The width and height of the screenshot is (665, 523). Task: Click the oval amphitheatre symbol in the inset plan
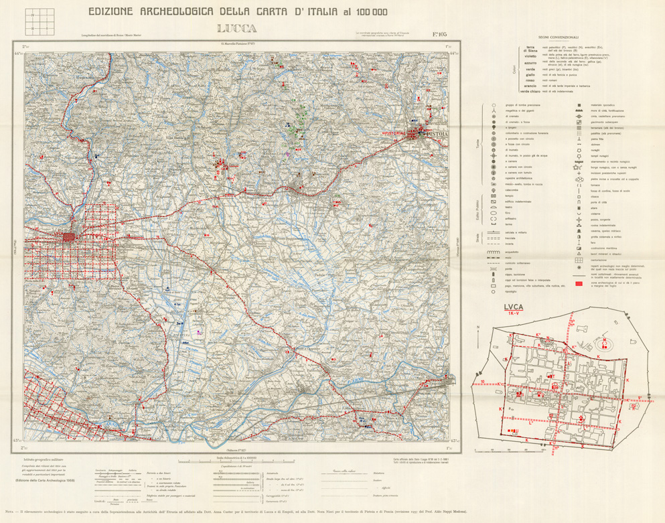(x=542, y=342)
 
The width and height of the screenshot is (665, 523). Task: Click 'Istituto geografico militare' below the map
(x=40, y=459)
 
